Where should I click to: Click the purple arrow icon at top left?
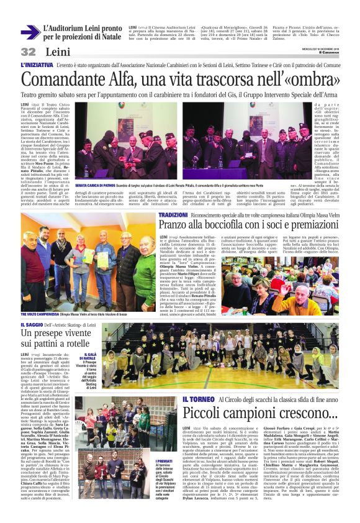click(29, 32)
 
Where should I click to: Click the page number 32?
click(28, 52)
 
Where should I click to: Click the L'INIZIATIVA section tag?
click(36, 65)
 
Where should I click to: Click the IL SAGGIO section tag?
click(32, 324)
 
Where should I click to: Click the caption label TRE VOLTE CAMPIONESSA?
click(41, 316)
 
